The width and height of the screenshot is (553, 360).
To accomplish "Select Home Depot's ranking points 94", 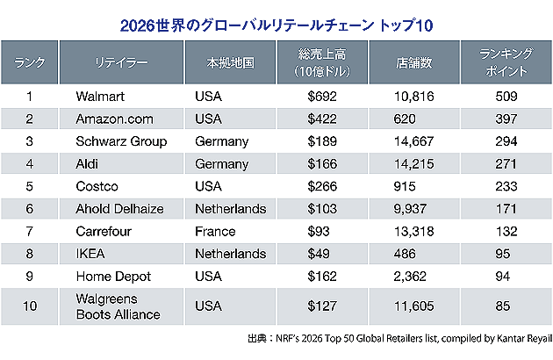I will point(503,277).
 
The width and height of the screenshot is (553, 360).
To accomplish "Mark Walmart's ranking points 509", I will point(503,96).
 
